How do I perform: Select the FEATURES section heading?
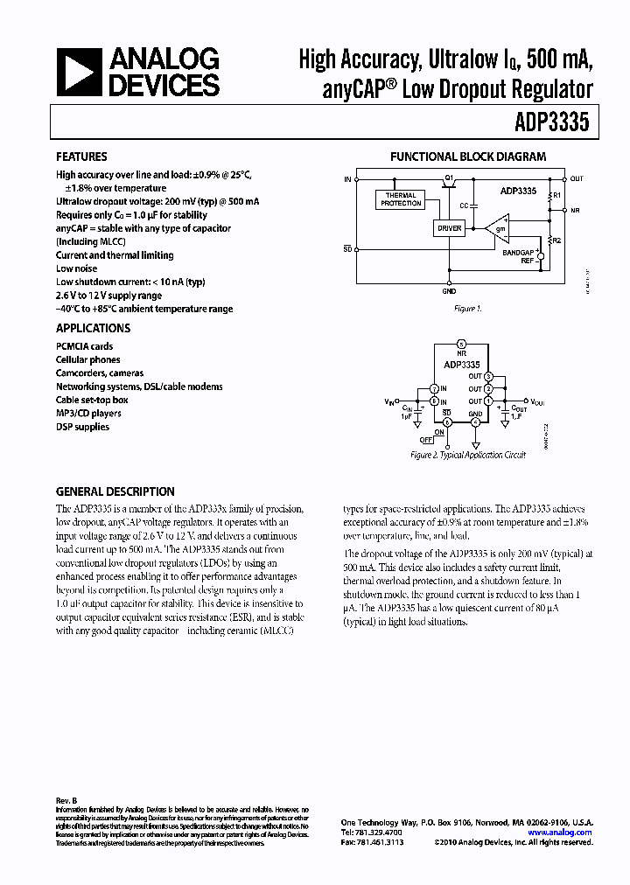click(x=81, y=157)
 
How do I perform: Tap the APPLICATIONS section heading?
click(x=93, y=329)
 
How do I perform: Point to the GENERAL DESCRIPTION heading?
click(x=115, y=491)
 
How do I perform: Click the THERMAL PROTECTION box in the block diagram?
click(x=400, y=199)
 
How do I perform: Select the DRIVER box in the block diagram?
click(x=449, y=228)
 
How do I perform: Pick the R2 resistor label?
click(x=556, y=239)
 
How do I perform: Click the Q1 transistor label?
click(x=449, y=178)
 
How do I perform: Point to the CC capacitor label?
click(x=464, y=206)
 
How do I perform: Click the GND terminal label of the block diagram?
click(x=449, y=291)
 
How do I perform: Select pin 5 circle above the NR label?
click(x=462, y=343)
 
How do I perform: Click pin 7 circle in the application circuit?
click(x=434, y=389)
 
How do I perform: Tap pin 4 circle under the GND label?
click(x=475, y=422)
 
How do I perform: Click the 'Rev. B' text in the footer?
click(x=67, y=800)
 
